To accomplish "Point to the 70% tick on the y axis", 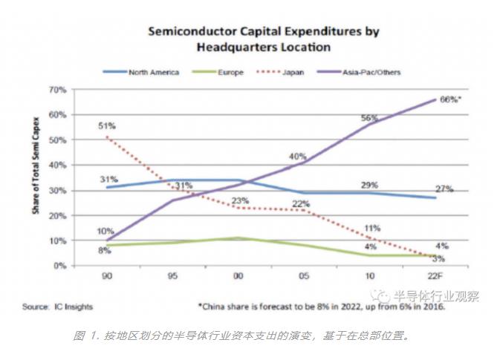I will point(58,89).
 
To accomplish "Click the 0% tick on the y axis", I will point(60,266).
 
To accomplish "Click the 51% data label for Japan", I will point(107,126).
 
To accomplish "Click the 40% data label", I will point(298,157).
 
